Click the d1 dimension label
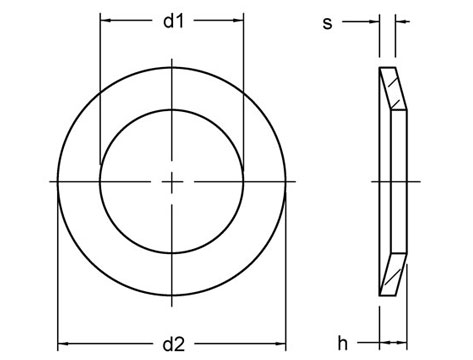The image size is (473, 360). pyautogui.click(x=172, y=21)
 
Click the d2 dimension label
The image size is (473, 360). pyautogui.click(x=172, y=343)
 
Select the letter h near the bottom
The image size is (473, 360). pyautogui.click(x=342, y=343)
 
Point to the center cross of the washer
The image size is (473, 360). pyautogui.click(x=172, y=181)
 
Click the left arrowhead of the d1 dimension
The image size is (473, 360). pyautogui.click(x=105, y=20)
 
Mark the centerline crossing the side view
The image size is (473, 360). pyautogui.click(x=396, y=181)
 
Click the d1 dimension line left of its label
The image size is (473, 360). pyautogui.click(x=130, y=20)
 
